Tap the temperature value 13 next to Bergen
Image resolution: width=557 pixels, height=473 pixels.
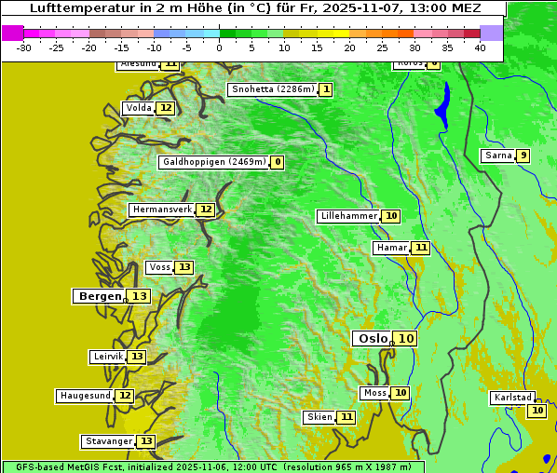click(x=139, y=296)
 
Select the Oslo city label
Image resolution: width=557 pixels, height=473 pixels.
click(x=373, y=339)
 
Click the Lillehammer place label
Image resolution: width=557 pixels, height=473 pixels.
click(x=348, y=216)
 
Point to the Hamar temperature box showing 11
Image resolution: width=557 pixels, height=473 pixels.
click(x=421, y=248)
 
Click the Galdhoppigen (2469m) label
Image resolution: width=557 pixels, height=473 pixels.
click(x=214, y=162)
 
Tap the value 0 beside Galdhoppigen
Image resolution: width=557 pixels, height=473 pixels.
click(x=278, y=162)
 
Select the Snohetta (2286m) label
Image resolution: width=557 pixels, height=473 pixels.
click(x=273, y=89)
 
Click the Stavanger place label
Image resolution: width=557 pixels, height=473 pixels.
click(x=108, y=441)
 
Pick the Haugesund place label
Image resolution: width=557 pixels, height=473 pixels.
click(x=86, y=396)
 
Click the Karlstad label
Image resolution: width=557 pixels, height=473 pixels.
click(x=513, y=398)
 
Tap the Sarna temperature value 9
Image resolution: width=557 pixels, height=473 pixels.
click(x=523, y=155)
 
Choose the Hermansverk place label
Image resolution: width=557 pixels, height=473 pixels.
click(x=162, y=209)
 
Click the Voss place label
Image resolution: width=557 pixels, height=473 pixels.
click(x=159, y=267)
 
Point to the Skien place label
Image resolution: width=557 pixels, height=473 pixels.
click(x=319, y=417)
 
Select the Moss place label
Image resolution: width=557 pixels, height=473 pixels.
click(x=374, y=393)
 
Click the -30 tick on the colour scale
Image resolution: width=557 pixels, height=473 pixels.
click(x=24, y=47)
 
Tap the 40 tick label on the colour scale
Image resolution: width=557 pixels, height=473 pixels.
click(x=479, y=47)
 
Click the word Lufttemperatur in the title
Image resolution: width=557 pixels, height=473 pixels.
click(x=75, y=8)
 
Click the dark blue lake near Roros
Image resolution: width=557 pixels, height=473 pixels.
click(x=442, y=104)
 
